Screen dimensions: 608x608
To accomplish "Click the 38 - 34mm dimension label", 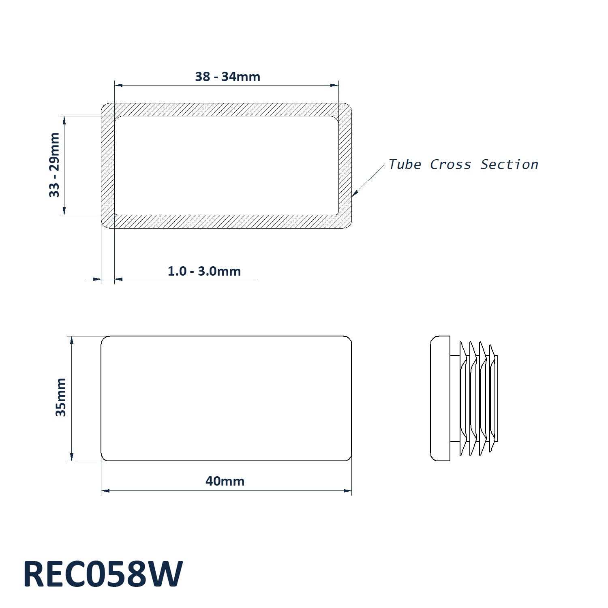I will tap(227, 77).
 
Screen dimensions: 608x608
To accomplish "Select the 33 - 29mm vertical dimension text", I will tap(54, 165).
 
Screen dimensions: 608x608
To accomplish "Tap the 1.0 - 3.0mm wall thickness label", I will tap(204, 271).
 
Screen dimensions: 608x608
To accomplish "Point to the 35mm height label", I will tap(61, 397).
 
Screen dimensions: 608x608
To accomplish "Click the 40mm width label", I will tap(225, 481).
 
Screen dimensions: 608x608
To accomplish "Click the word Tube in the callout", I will tap(405, 165).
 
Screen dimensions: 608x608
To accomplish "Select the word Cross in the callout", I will tap(450, 165).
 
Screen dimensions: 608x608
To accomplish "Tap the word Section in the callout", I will tap(509, 165).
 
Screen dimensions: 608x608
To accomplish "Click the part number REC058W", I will tap(103, 574).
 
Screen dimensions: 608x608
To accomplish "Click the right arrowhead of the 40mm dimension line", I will tap(347, 491).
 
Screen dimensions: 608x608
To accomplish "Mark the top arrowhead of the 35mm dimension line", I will tap(72, 340).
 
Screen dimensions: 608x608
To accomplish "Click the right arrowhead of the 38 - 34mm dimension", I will tap(334, 85).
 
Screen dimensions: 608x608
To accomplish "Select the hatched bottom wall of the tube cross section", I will tap(226, 221).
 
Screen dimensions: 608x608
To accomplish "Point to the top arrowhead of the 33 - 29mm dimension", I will tap(64, 121).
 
